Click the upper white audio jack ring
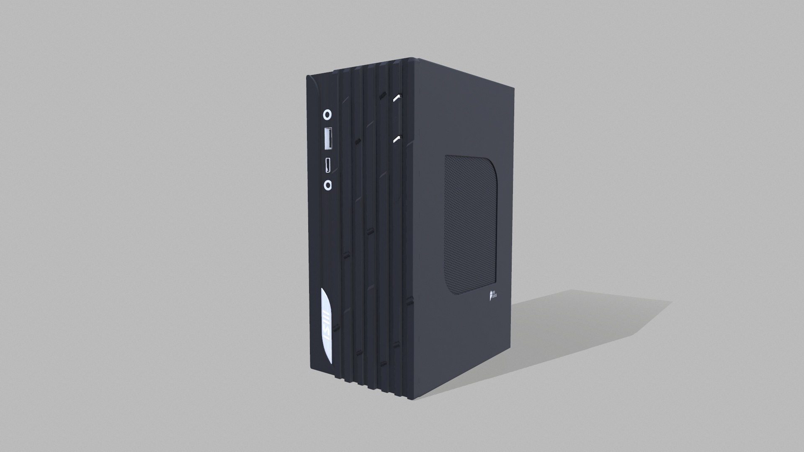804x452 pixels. (328, 114)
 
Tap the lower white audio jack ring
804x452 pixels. (328, 185)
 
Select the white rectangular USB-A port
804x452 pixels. (328, 139)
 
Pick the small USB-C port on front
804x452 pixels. (328, 164)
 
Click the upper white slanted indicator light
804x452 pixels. (397, 99)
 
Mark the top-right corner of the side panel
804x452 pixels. (512, 89)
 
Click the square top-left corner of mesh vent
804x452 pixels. (446, 157)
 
